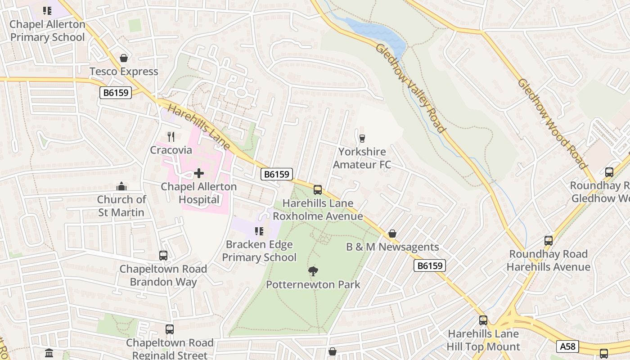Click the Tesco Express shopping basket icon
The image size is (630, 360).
pyautogui.click(x=124, y=58)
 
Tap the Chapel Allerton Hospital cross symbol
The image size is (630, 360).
pyautogui.click(x=198, y=173)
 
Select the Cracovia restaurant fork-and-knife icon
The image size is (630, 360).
pyautogui.click(x=171, y=137)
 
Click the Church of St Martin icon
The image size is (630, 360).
pyautogui.click(x=121, y=186)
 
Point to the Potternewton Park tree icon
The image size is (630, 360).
pyautogui.click(x=313, y=271)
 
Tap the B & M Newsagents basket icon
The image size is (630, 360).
pyautogui.click(x=392, y=234)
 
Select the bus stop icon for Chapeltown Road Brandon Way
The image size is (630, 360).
pyautogui.click(x=163, y=256)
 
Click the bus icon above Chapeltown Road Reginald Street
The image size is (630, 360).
pyautogui.click(x=170, y=329)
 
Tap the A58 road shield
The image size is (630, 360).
pyautogui.click(x=567, y=346)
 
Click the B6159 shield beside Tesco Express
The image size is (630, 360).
pyautogui.click(x=115, y=93)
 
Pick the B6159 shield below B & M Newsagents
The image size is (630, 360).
pyautogui.click(x=430, y=265)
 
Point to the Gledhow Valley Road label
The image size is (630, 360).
pyautogui.click(x=410, y=88)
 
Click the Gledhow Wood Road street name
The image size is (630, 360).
pyautogui.click(x=552, y=123)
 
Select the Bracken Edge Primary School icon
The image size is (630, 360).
pyautogui.click(x=259, y=231)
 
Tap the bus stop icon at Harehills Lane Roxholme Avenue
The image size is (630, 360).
pyautogui.click(x=318, y=190)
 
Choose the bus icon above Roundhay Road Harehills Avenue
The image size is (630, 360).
pyautogui.click(x=548, y=241)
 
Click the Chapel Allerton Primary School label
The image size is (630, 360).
pyautogui.click(x=47, y=31)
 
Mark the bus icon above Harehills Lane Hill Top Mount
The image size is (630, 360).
pyautogui.click(x=483, y=320)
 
